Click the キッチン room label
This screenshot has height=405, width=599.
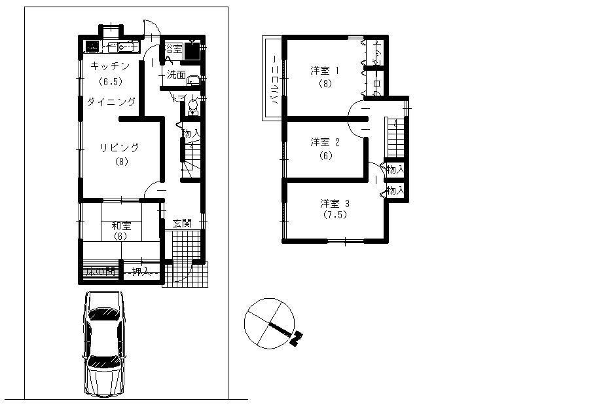click(x=110, y=66)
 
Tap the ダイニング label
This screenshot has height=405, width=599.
click(x=112, y=102)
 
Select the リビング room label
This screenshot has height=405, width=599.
click(x=120, y=147)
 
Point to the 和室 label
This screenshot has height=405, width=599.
click(x=120, y=225)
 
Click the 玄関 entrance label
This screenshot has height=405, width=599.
click(x=183, y=223)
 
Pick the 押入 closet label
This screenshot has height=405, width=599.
click(x=141, y=271)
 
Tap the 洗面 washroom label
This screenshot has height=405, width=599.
click(x=175, y=74)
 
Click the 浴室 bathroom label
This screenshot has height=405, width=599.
click(x=173, y=49)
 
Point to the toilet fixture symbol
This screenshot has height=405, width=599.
click(x=193, y=106)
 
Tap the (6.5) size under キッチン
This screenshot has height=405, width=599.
click(x=110, y=82)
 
